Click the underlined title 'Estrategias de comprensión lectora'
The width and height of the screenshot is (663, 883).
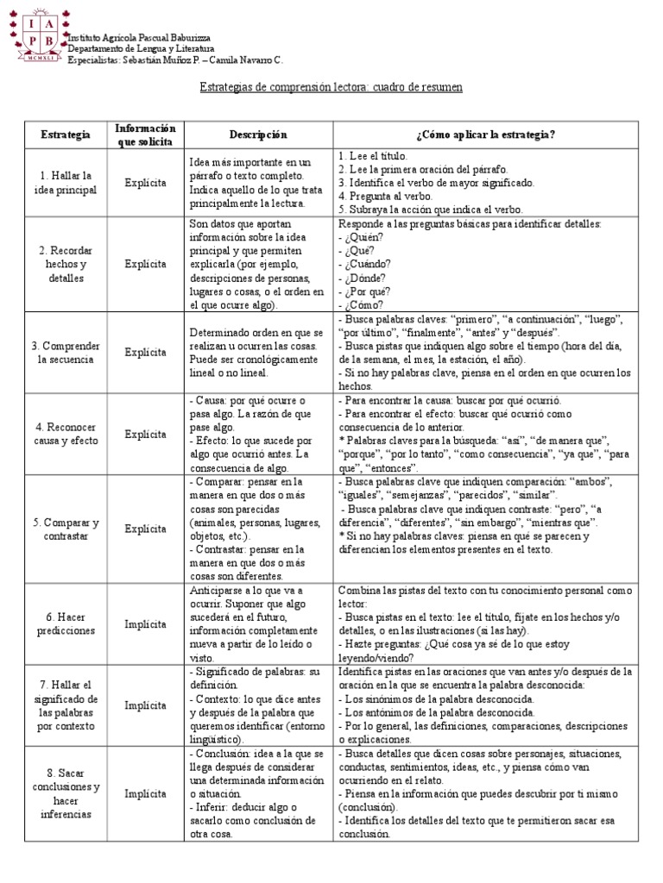331,88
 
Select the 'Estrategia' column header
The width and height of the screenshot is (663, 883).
65,135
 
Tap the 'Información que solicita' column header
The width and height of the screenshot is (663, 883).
145,135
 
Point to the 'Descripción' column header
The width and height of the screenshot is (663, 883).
258,135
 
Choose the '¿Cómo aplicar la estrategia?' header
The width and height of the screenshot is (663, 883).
485,135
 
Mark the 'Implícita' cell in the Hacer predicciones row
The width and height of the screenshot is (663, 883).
145,624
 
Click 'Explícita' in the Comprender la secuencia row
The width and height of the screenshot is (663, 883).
145,352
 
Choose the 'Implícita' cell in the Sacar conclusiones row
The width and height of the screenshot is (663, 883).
145,793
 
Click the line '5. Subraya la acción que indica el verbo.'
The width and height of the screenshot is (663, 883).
431,210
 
